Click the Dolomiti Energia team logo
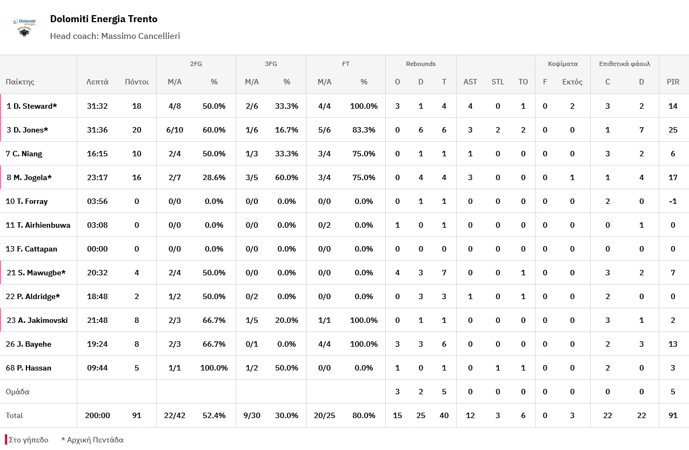[24, 28]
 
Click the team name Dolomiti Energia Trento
[104, 19]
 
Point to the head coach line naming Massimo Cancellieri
[115, 36]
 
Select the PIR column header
[673, 82]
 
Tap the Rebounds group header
[420, 64]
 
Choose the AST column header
[470, 82]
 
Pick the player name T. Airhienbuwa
[38, 225]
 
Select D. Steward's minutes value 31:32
[97, 106]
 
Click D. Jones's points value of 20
[137, 130]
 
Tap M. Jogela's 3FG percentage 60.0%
[286, 177]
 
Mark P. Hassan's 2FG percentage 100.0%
[214, 368]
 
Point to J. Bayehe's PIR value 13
[673, 344]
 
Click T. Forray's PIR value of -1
[673, 201]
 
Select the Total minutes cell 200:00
[97, 415]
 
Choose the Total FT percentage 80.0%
[364, 415]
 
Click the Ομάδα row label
[17, 392]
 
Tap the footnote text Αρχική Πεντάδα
[95, 440]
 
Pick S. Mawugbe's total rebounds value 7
[444, 273]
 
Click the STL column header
[498, 82]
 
